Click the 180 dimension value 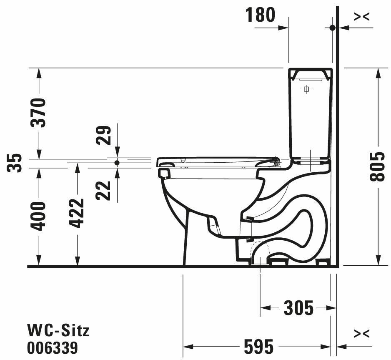[261, 15]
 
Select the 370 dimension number [39, 113]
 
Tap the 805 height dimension [378, 166]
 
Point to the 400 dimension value [39, 216]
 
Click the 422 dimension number [77, 213]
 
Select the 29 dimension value [104, 135]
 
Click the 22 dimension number [104, 190]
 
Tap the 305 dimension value [298, 308]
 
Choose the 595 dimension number [259, 346]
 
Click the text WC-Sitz [58, 331]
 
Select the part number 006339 [53, 347]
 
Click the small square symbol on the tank [306, 89]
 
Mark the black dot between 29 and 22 [117, 162]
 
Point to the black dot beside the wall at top [332, 28]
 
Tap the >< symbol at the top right [361, 16]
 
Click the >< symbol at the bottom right [361, 334]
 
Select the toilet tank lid [311, 74]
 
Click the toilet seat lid [217, 161]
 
